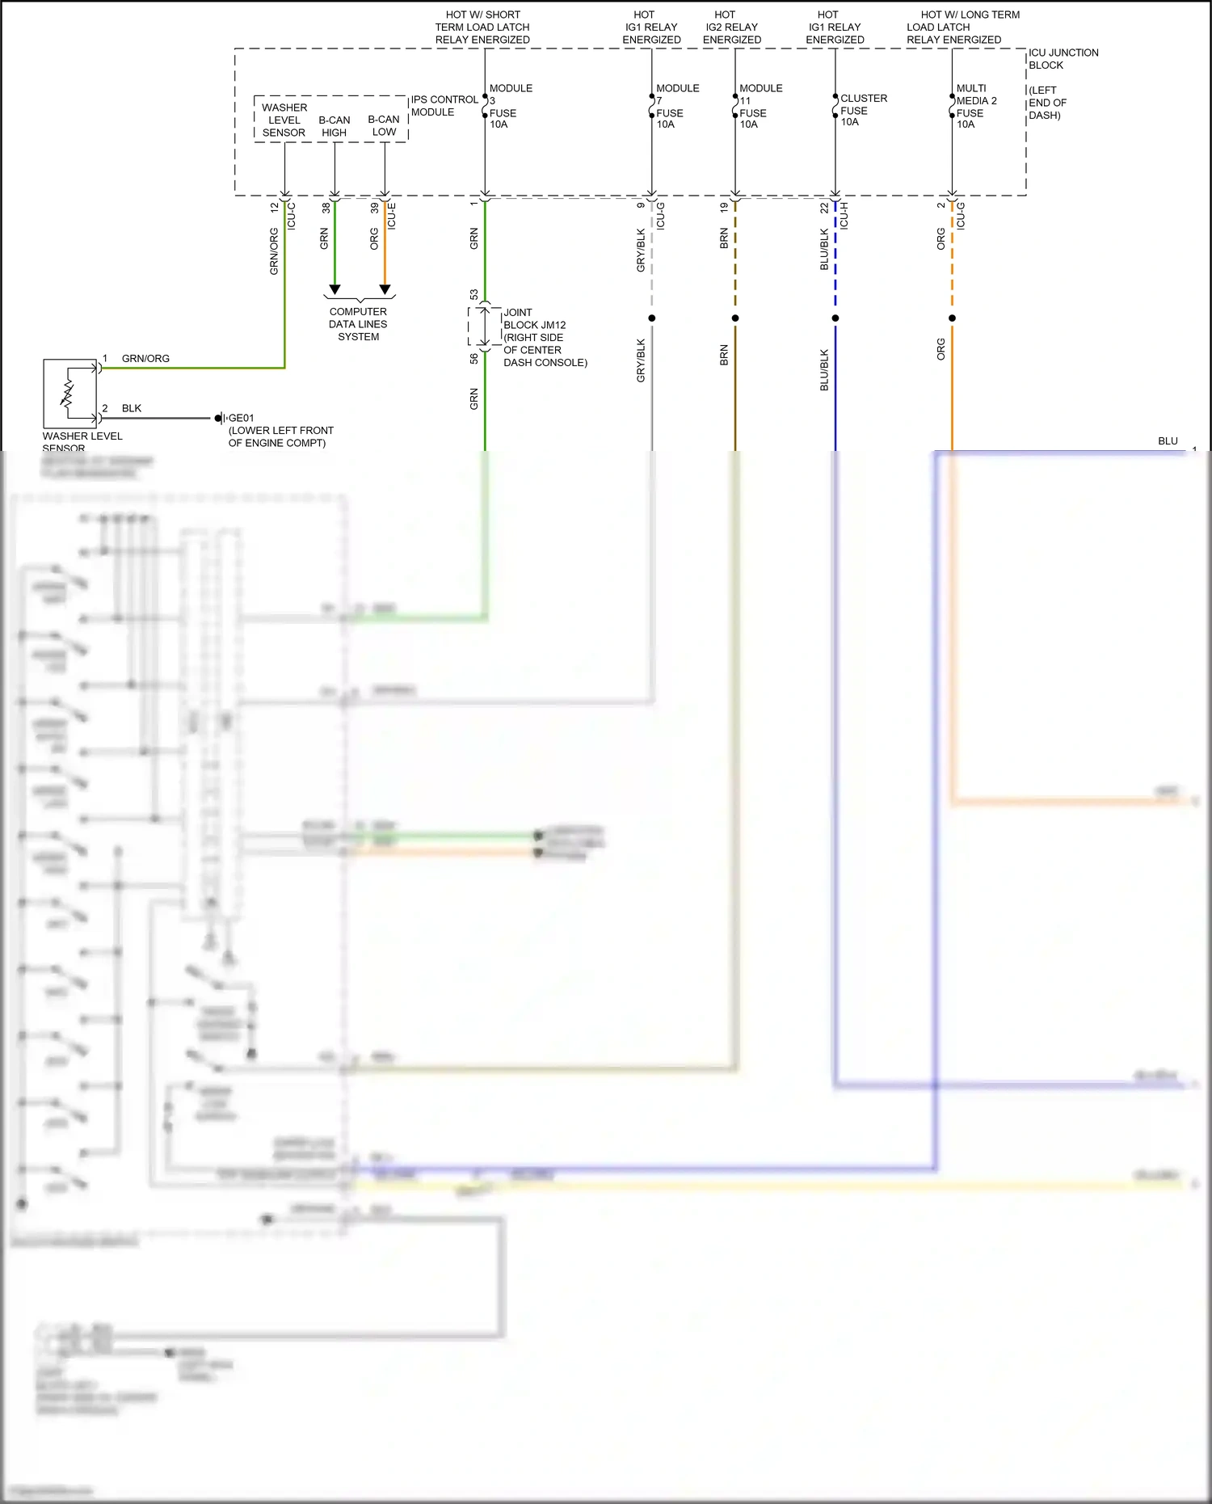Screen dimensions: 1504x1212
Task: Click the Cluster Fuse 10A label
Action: coord(862,110)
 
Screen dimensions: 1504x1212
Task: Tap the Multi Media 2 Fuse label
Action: coord(975,106)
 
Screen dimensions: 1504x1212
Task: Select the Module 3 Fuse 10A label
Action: coord(509,106)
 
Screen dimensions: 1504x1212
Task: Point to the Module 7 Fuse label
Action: coord(676,106)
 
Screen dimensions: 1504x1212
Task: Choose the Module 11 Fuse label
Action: coord(760,106)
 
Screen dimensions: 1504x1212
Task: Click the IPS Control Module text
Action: coord(443,106)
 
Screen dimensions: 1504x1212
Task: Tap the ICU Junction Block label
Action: coord(1062,59)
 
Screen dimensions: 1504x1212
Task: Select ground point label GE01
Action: coord(241,418)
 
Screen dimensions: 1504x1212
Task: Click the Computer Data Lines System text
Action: coord(358,324)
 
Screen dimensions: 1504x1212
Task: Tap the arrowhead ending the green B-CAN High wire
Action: coord(335,289)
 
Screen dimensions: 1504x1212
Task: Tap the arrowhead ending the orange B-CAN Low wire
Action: coord(385,289)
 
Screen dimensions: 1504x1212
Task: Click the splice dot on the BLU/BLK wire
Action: coord(835,318)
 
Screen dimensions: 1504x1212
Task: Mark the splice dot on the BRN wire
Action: coord(735,318)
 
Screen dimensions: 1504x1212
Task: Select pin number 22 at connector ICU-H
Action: coord(824,208)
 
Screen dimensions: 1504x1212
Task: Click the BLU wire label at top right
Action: coord(1168,441)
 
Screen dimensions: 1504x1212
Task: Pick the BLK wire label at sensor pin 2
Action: coord(132,408)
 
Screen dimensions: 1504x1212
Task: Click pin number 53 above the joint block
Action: coord(473,294)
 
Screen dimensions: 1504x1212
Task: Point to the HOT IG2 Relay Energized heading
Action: coord(731,27)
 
